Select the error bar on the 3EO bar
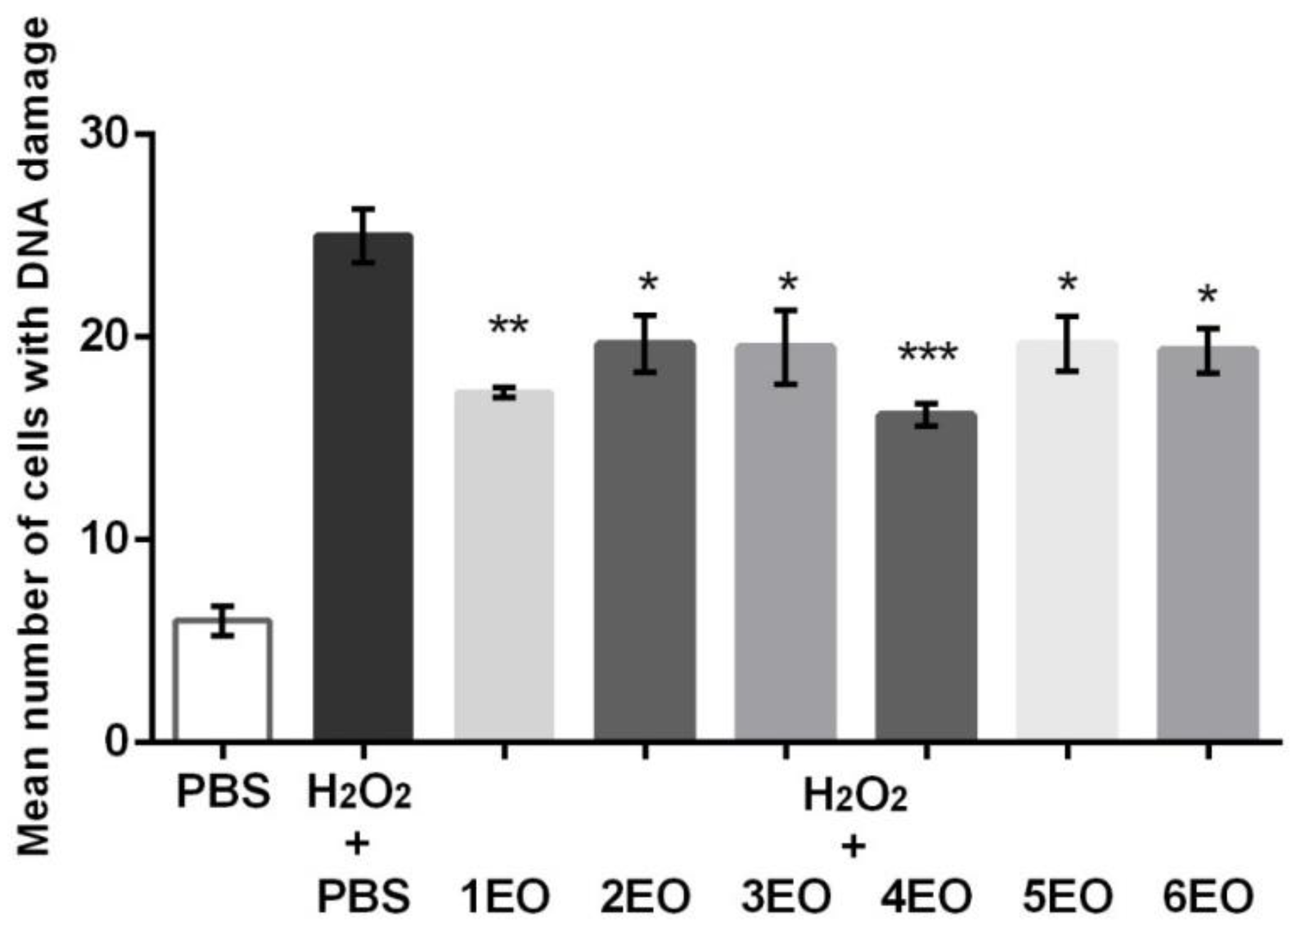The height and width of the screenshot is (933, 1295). pos(786,347)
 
